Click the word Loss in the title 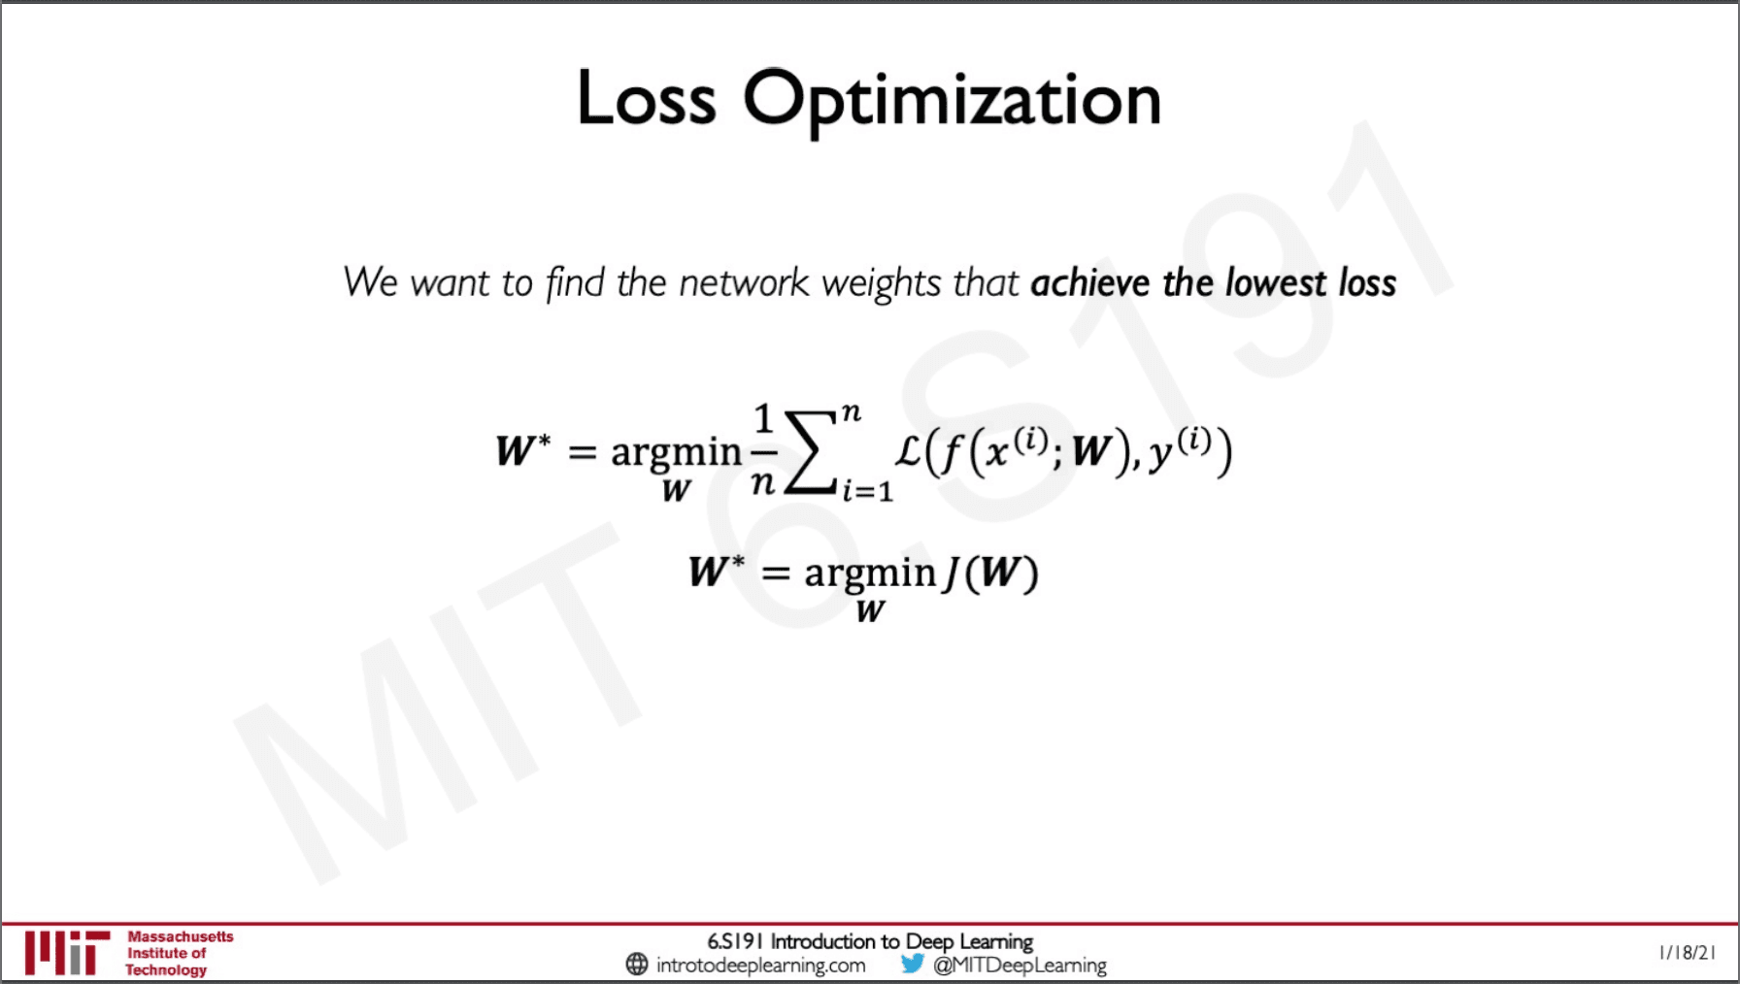(647, 98)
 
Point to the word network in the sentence (744, 282)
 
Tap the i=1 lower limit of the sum (867, 491)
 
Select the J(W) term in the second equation (990, 573)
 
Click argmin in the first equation (676, 453)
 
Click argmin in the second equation (870, 574)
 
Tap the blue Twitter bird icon (912, 964)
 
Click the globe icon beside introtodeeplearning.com (637, 964)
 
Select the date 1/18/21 (1688, 952)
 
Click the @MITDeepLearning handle (1020, 965)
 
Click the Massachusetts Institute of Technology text (180, 953)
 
